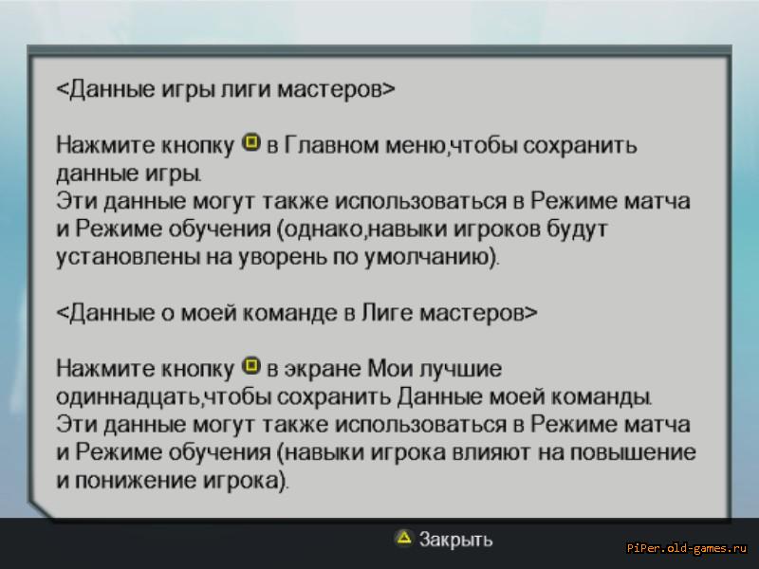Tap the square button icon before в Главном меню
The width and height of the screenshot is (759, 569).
(250, 142)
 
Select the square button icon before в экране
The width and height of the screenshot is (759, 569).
(250, 366)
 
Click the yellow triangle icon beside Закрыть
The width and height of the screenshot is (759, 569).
(404, 537)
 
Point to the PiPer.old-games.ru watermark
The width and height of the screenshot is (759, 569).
(687, 548)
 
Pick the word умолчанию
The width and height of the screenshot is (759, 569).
(429, 257)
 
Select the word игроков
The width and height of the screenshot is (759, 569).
(496, 229)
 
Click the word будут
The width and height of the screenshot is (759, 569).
(577, 229)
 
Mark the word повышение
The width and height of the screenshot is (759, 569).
(633, 452)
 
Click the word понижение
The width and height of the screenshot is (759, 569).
(135, 480)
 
